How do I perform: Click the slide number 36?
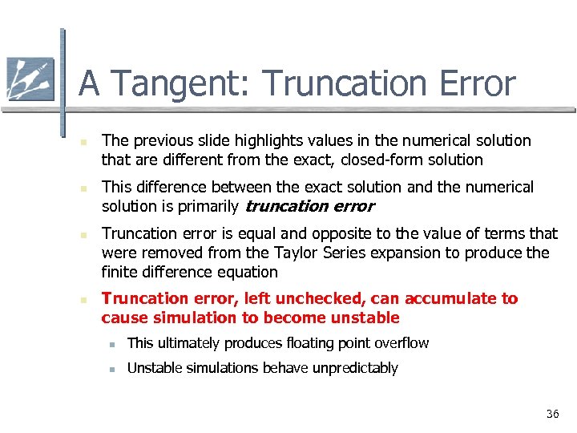552,414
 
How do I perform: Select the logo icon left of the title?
30,79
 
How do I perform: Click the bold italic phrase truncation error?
309,206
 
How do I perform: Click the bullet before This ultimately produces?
115,344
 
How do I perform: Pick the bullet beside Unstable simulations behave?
115,369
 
